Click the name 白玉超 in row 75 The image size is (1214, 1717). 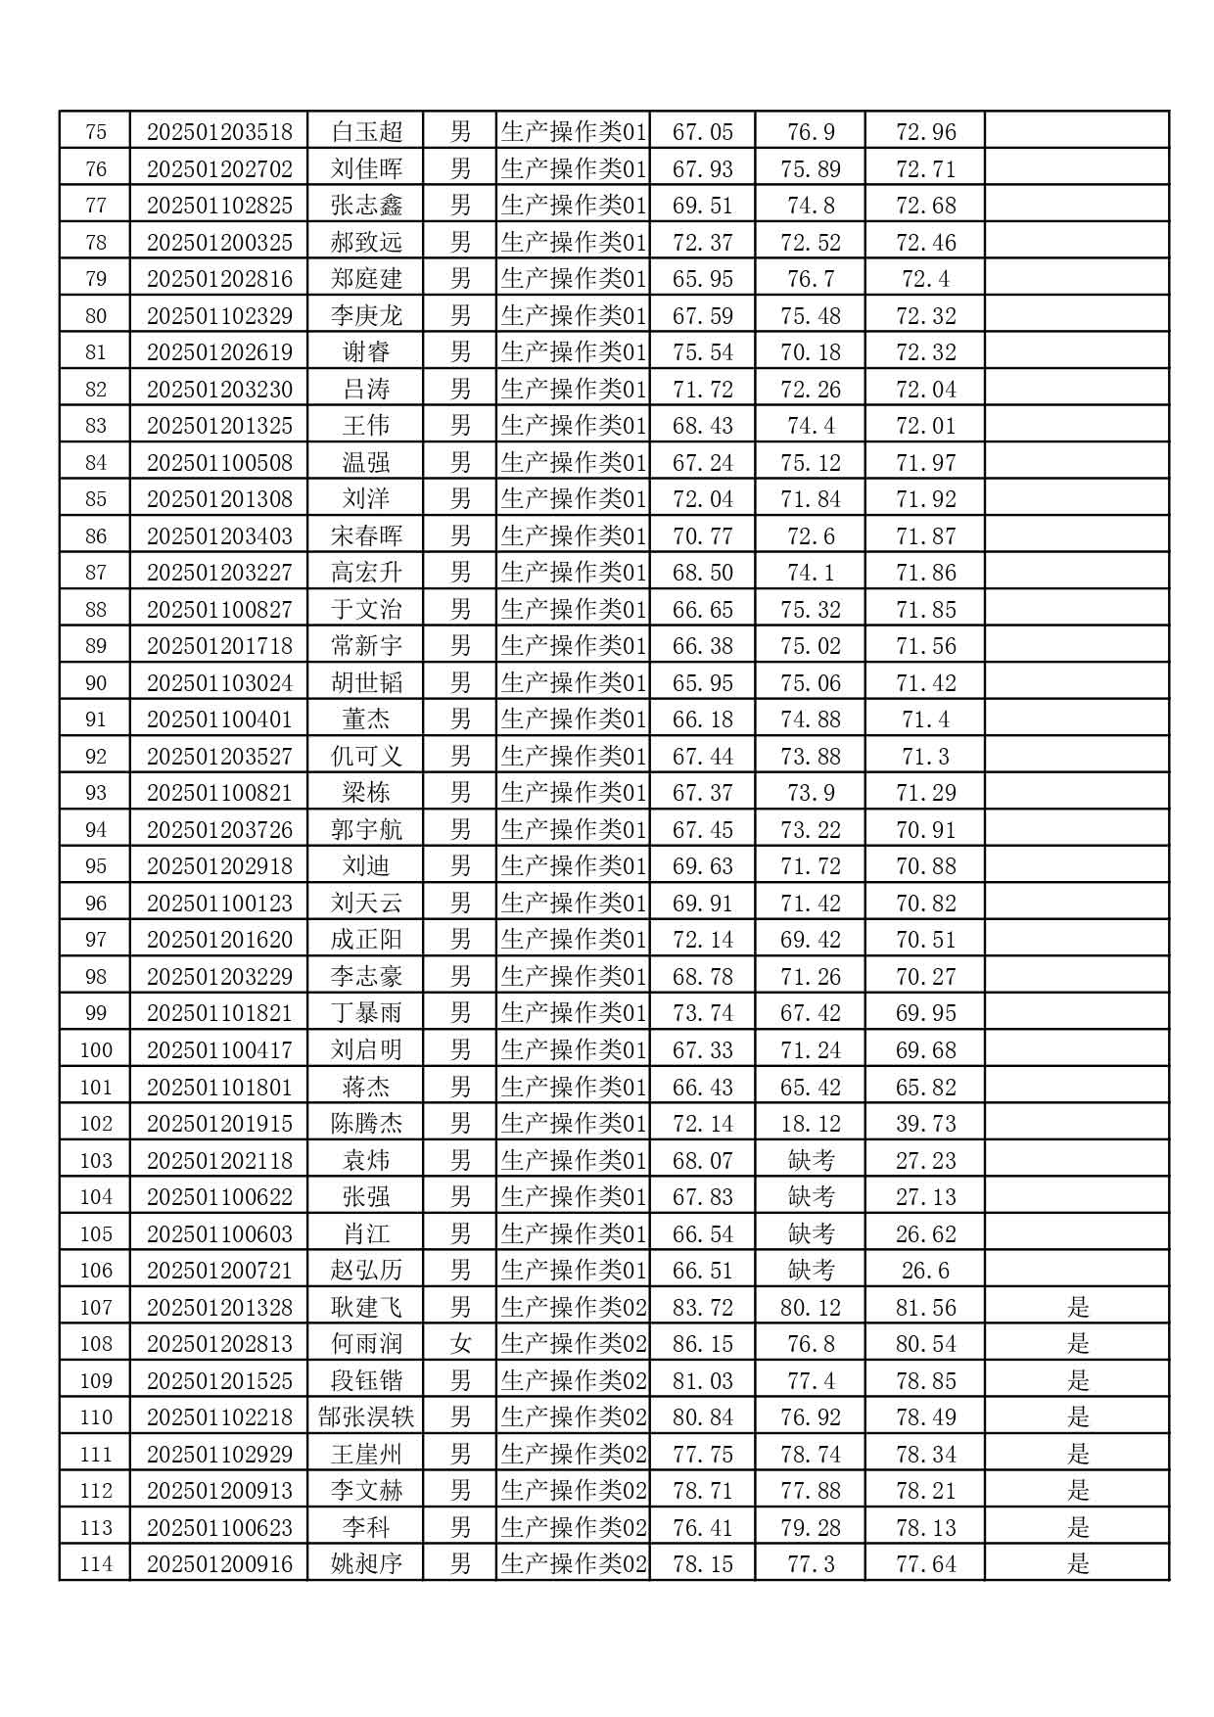pyautogui.click(x=366, y=131)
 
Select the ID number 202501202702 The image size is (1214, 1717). pyautogui.click(x=219, y=168)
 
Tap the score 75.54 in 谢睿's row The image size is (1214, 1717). pyautogui.click(x=702, y=351)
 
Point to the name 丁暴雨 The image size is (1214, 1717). pyautogui.click(x=366, y=1012)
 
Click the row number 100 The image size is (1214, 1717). pyautogui.click(x=96, y=1049)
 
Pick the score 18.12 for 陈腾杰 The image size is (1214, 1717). pyautogui.click(x=810, y=1123)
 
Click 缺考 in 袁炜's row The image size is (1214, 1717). pyautogui.click(x=810, y=1160)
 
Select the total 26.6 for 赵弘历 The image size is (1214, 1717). pyautogui.click(x=925, y=1270)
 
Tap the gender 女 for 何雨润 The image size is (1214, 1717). pyautogui.click(x=460, y=1343)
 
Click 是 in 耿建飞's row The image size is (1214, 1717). pyautogui.click(x=1077, y=1307)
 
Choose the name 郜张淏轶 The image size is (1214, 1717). pyautogui.click(x=366, y=1416)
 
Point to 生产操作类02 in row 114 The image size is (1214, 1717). pyautogui.click(x=574, y=1563)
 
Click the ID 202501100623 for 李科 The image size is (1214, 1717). pyautogui.click(x=219, y=1527)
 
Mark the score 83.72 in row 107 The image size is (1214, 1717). pyautogui.click(x=702, y=1307)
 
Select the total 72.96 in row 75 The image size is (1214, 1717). pyautogui.click(x=925, y=131)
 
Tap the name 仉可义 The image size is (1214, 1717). pyautogui.click(x=366, y=756)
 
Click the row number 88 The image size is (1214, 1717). pyautogui.click(x=96, y=609)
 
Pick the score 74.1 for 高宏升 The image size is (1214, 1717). pyautogui.click(x=810, y=572)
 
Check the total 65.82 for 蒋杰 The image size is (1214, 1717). pyautogui.click(x=925, y=1087)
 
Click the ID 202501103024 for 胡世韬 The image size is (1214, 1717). pyautogui.click(x=219, y=682)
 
